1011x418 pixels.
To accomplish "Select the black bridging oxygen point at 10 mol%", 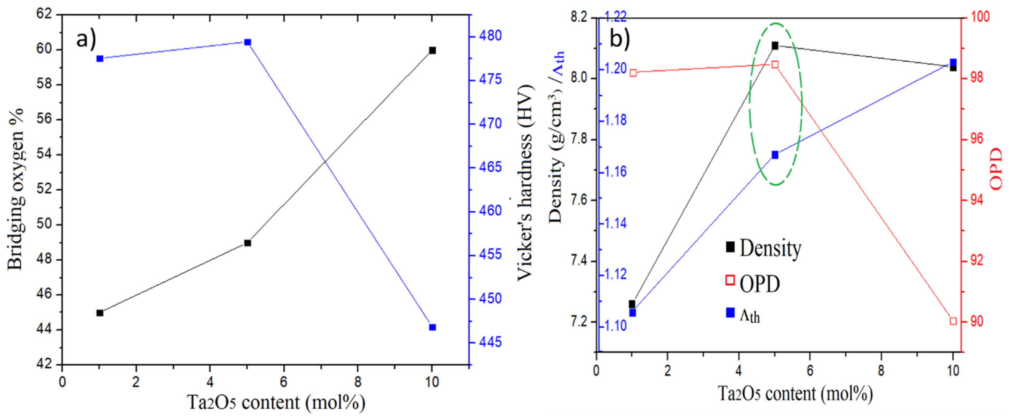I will click(x=432, y=50).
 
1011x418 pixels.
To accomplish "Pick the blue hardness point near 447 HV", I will click(x=432, y=327).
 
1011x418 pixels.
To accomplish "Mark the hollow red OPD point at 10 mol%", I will click(x=953, y=321).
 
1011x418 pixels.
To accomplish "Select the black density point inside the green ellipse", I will click(x=775, y=46).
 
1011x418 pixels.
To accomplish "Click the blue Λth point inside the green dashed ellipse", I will click(x=775, y=155).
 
